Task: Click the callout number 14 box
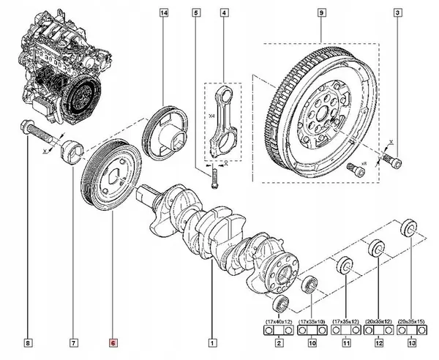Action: tap(163, 12)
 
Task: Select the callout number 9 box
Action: tap(320, 12)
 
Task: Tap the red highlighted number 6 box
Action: tap(112, 342)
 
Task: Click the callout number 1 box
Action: tap(212, 342)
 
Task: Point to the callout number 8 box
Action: tap(27, 342)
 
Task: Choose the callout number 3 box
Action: tap(397, 12)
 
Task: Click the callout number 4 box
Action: tap(223, 12)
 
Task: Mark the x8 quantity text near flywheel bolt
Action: tap(362, 163)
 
